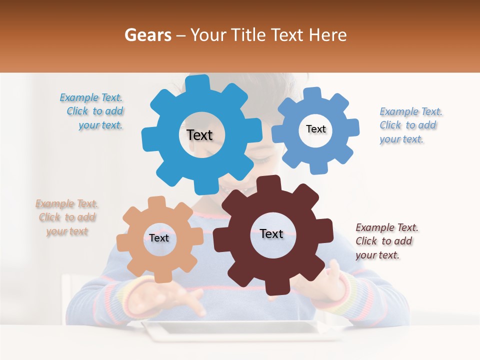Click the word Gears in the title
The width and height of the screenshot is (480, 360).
pyautogui.click(x=147, y=35)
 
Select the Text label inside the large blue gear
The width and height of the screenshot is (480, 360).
pyautogui.click(x=199, y=135)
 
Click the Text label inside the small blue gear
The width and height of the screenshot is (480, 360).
pyautogui.click(x=315, y=129)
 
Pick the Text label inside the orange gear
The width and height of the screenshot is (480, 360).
pyautogui.click(x=159, y=238)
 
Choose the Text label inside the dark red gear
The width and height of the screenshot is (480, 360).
pyautogui.click(x=271, y=233)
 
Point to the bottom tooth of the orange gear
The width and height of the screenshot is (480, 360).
pyautogui.click(x=160, y=276)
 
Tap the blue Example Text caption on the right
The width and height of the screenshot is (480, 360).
pyautogui.click(x=410, y=125)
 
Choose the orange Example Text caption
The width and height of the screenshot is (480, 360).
pyautogui.click(x=67, y=217)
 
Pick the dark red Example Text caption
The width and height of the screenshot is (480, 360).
pyautogui.click(x=386, y=241)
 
